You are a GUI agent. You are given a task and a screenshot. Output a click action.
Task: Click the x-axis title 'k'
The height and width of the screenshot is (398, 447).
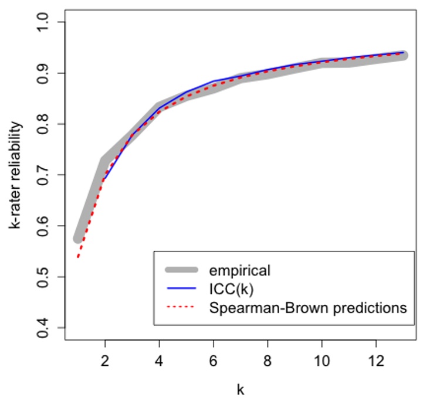(x=241, y=389)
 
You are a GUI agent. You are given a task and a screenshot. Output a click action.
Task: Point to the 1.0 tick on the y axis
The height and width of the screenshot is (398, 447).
(x=43, y=22)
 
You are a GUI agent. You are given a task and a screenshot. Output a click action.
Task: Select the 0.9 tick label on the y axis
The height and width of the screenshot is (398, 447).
(x=43, y=73)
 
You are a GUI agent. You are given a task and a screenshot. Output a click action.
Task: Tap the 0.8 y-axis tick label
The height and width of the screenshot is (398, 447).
(x=43, y=124)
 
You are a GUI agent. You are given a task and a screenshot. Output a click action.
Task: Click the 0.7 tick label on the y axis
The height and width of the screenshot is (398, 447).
(x=43, y=175)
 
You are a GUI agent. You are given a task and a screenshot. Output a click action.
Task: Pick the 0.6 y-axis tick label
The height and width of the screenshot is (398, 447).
(x=43, y=226)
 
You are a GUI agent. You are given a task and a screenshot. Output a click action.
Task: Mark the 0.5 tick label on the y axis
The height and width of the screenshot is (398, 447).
(x=43, y=277)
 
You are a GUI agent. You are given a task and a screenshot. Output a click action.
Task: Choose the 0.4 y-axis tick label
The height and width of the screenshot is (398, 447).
(x=43, y=327)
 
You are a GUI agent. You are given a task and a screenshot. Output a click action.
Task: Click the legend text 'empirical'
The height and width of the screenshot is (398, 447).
(x=239, y=270)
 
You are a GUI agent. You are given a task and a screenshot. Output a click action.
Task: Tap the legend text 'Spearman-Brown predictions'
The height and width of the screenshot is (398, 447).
(x=307, y=307)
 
